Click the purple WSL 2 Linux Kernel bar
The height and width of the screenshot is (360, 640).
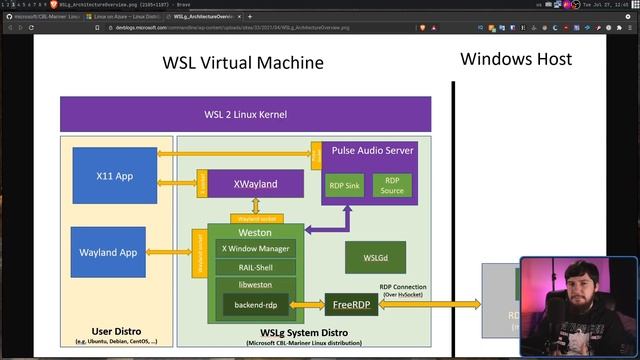tap(245, 113)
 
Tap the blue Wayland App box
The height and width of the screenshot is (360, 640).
tap(107, 252)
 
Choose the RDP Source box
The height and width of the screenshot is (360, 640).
tap(392, 185)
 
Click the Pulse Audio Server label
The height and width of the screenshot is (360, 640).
tap(372, 150)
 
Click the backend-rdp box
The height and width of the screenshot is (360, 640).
tap(256, 303)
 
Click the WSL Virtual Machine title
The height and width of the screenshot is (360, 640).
tap(243, 63)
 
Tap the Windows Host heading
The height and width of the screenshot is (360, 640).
tap(516, 59)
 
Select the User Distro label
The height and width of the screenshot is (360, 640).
tap(115, 330)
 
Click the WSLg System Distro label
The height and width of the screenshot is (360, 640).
tap(304, 331)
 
